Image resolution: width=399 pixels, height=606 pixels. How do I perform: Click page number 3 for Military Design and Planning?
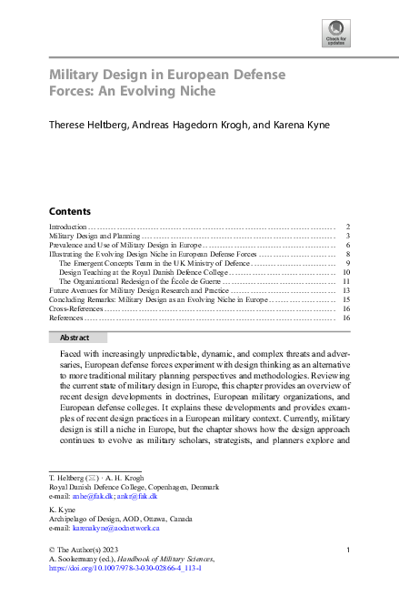(348, 236)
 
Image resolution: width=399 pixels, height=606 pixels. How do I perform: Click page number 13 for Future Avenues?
(346, 290)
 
